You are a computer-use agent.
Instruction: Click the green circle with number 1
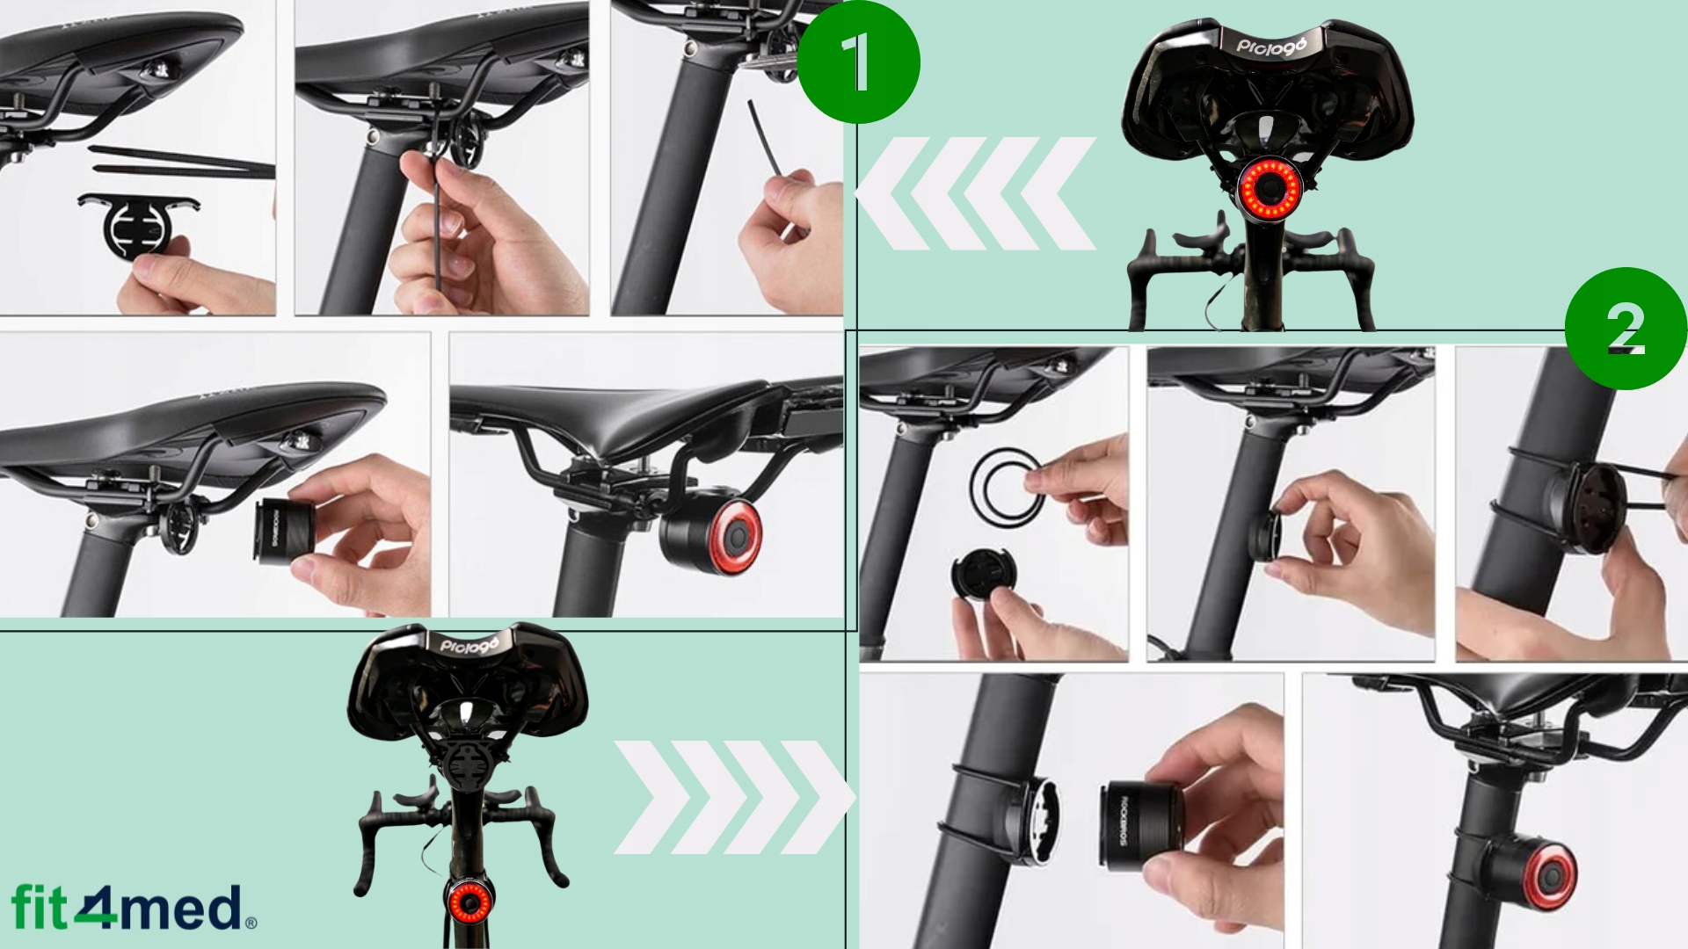click(858, 62)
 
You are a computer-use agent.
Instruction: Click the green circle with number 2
click(1626, 329)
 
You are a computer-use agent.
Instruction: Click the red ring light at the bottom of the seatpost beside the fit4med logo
click(467, 902)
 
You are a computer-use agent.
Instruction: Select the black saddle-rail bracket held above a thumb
click(139, 222)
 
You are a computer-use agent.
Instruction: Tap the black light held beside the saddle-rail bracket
click(286, 532)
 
